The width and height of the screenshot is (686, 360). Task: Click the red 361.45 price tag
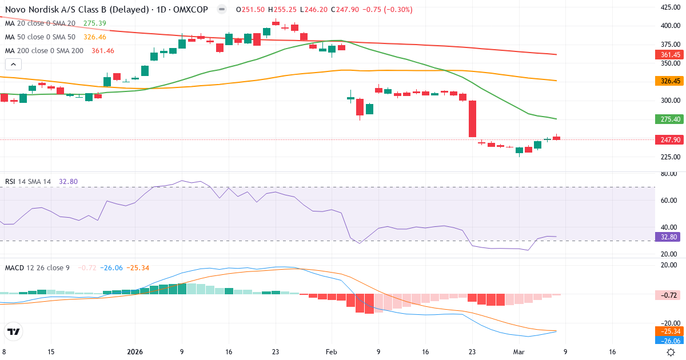click(667, 54)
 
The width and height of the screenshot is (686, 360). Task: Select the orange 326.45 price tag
click(667, 81)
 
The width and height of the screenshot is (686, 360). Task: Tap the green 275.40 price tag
click(667, 119)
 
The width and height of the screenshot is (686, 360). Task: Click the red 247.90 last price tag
click(667, 139)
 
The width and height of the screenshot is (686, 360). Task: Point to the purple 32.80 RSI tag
click(667, 237)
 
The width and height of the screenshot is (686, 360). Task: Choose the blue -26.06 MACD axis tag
click(667, 340)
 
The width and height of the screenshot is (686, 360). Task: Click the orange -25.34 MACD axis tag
click(667, 331)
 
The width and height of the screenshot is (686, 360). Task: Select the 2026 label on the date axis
click(135, 352)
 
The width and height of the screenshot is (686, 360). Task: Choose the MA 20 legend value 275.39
click(95, 23)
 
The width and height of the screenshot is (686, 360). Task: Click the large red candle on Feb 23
click(473, 119)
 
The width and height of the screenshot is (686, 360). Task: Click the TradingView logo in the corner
click(14, 331)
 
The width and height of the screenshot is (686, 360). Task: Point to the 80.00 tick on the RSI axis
click(668, 174)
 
